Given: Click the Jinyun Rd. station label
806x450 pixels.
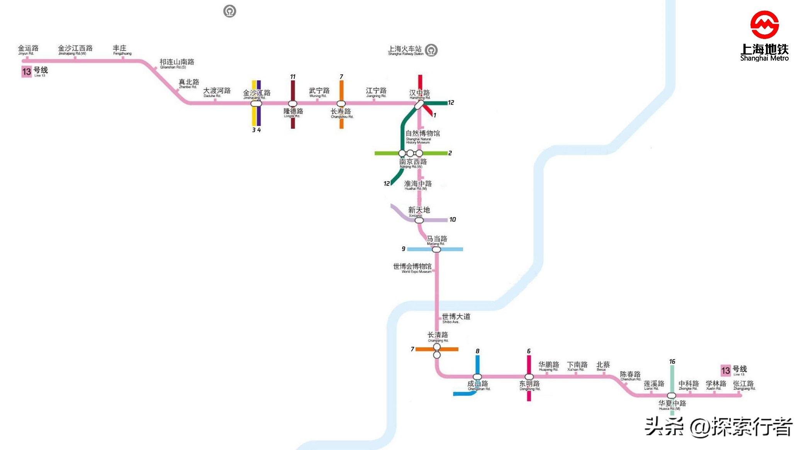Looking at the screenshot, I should coord(28,50).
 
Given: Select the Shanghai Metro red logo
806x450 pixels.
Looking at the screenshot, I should coord(764,25).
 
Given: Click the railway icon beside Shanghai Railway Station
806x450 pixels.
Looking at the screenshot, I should coord(431,50).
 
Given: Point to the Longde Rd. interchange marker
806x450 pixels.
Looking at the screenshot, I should coord(293,103).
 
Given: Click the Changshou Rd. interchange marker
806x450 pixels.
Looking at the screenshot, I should coord(341,103).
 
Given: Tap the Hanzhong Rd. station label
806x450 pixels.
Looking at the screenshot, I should coord(420,94).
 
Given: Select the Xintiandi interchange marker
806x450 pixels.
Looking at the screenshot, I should coord(419,220).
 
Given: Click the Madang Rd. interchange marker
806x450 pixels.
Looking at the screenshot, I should coord(436,250).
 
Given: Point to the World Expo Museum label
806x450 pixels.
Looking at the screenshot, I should coord(412,268).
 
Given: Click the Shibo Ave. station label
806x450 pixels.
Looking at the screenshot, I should coord(456,318).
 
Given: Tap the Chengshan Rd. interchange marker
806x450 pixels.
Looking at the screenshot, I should coord(477,377).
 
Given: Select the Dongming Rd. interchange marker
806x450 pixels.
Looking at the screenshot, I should coord(529,377).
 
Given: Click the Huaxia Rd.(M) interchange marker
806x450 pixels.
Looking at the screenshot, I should coord(672,396).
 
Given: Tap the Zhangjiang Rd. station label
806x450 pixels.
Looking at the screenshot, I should coord(744,385).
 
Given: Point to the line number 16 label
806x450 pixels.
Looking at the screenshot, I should coord(672,362).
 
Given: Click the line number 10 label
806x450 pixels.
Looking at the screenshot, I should coord(452,220).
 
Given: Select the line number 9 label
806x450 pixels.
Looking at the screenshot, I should coord(403,249).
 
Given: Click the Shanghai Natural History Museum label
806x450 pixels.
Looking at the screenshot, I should coord(423,136).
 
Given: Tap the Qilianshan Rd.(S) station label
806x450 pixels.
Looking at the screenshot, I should coord(177,63).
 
